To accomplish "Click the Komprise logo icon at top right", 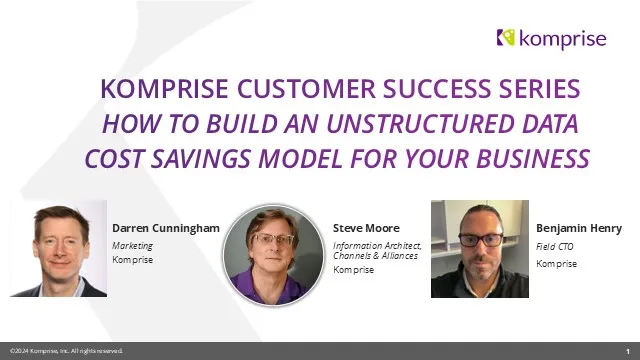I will pyautogui.click(x=506, y=38).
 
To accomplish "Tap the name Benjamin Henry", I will pyautogui.click(x=579, y=228).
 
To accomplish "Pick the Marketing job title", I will pyautogui.click(x=126, y=244).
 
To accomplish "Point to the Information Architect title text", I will pyautogui.click(x=377, y=245).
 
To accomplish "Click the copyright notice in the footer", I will pyautogui.click(x=66, y=351).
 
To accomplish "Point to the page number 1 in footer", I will pyautogui.click(x=627, y=351).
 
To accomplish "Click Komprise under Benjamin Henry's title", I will pyautogui.click(x=556, y=264).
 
